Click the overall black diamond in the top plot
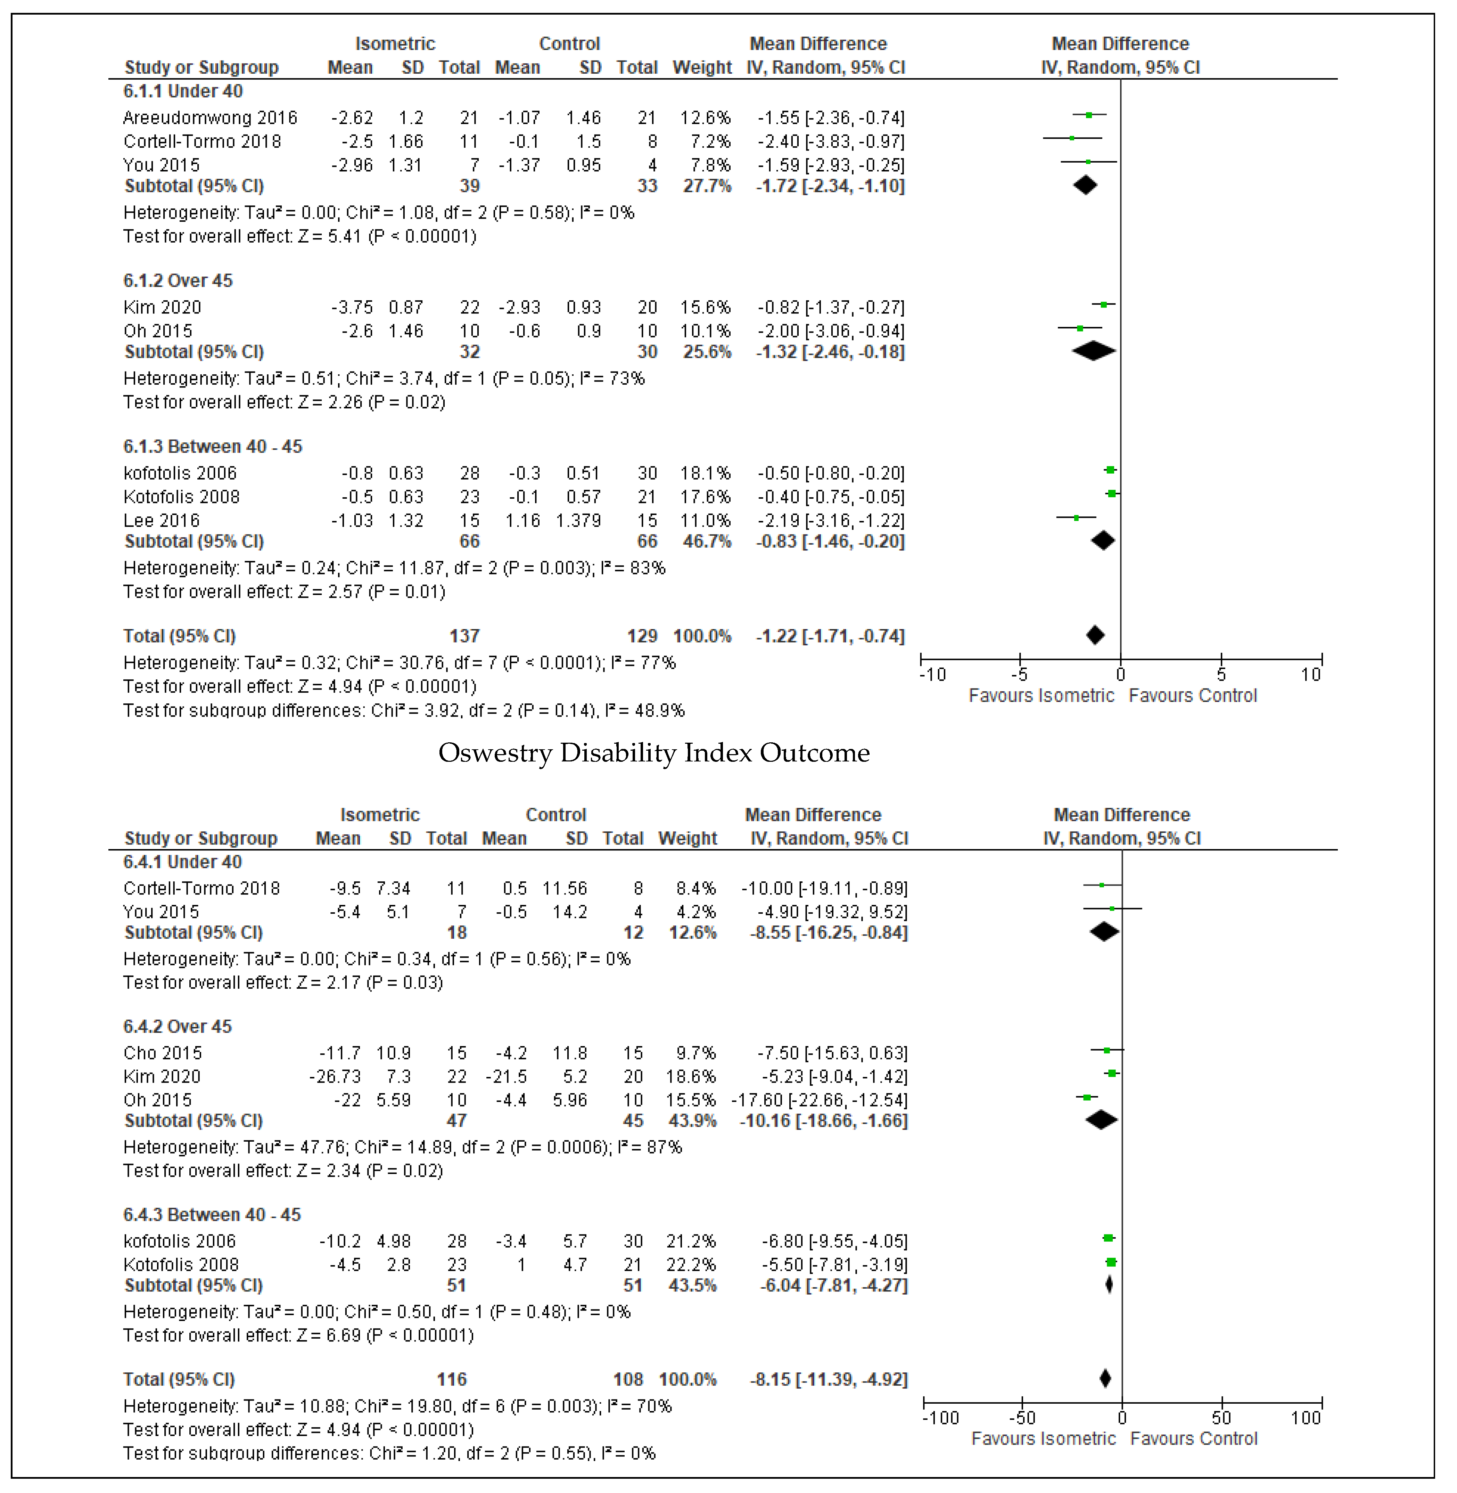tap(1095, 635)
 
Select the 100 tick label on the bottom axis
tap(1306, 1418)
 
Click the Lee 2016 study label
tap(162, 521)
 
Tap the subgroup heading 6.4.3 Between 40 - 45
tap(212, 1215)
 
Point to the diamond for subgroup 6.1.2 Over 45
tap(1094, 351)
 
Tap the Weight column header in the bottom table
tap(687, 838)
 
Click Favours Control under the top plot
tap(1192, 696)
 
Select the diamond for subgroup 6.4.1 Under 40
tap(1104, 932)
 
